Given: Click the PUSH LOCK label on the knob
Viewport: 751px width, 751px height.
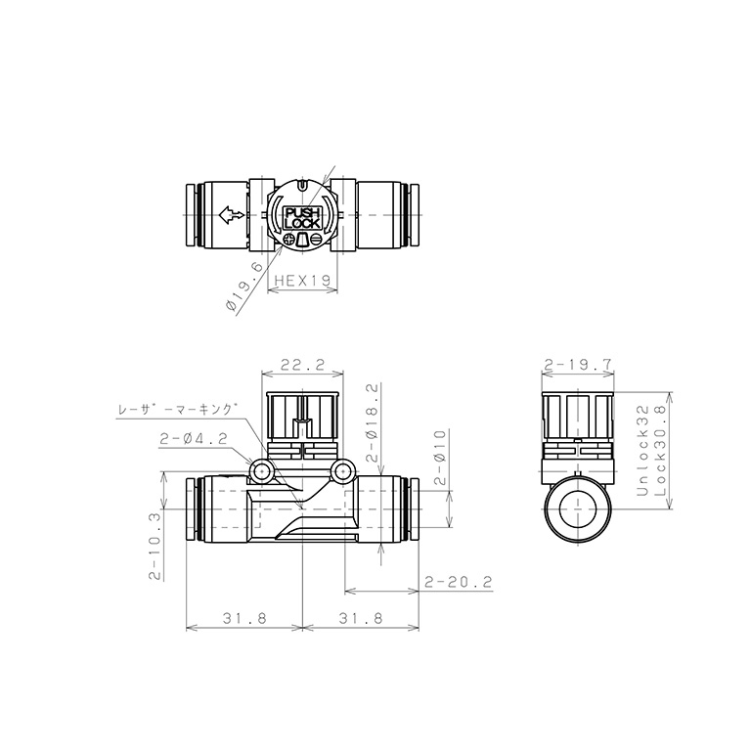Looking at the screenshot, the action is [302, 218].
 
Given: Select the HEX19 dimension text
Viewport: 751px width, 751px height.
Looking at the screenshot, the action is [303, 281].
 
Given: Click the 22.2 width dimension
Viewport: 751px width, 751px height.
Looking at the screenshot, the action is [303, 366].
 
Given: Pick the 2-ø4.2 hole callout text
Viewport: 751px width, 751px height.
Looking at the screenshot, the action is [194, 439].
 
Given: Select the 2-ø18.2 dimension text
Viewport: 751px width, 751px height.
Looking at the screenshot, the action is [373, 422].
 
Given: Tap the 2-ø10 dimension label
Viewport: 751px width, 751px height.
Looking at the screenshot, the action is [440, 458].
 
